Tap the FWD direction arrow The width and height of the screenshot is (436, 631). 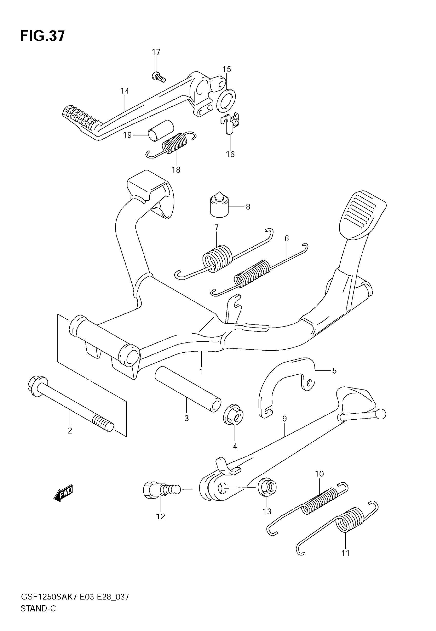tap(63, 493)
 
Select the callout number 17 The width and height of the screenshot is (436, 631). tap(156, 52)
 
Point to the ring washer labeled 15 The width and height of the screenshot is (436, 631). tap(226, 100)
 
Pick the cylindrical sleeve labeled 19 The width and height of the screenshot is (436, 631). tap(161, 130)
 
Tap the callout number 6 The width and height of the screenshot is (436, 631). tap(286, 239)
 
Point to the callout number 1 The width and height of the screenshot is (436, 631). tap(202, 371)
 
